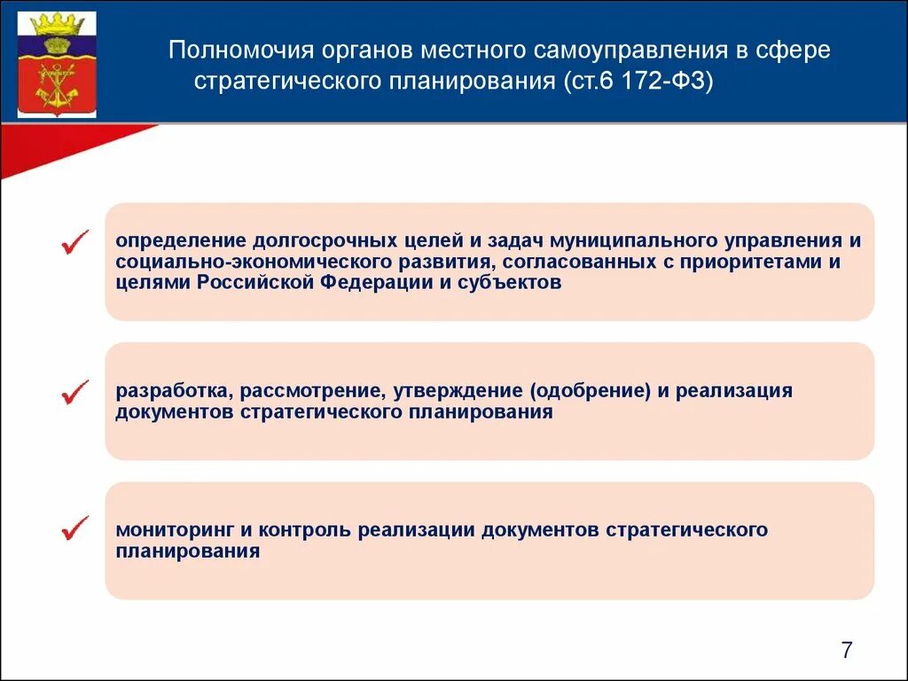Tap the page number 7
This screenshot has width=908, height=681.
tap(846, 651)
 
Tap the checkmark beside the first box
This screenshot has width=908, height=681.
tap(75, 241)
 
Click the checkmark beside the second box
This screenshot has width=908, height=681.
tap(75, 392)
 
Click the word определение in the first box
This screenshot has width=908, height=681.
tap(180, 241)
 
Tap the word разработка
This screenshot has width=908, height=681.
tap(173, 391)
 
